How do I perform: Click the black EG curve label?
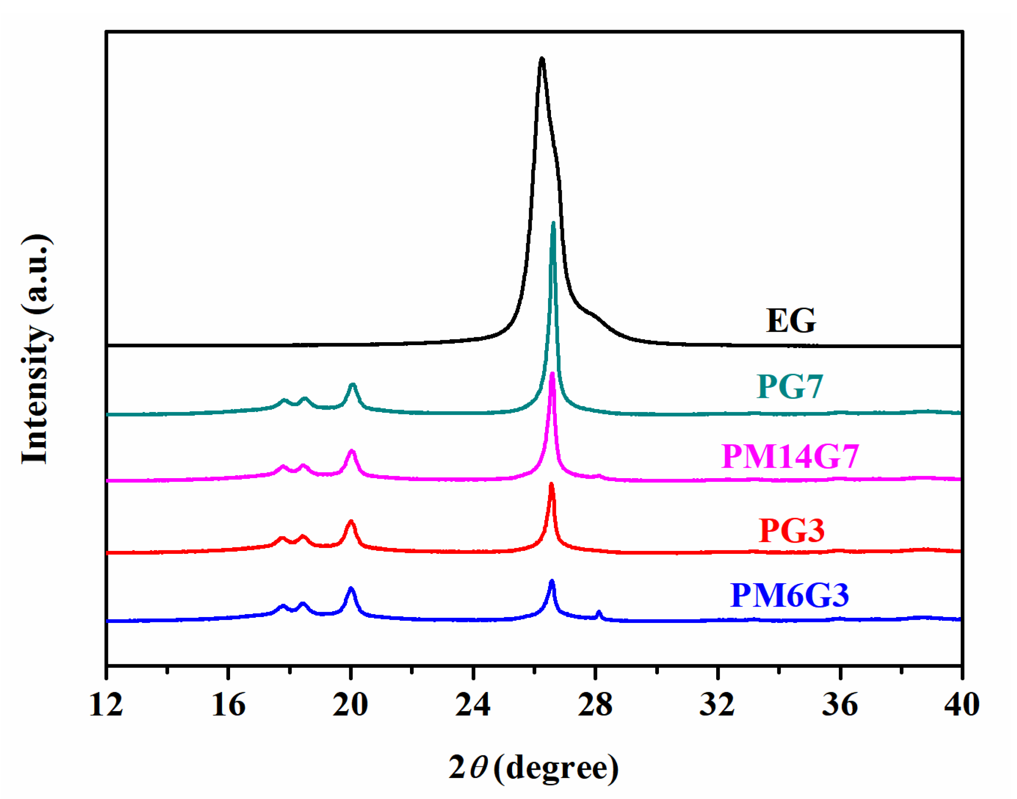pos(791,321)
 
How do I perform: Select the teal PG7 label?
pos(790,387)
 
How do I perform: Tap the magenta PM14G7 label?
pos(790,456)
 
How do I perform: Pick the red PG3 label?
pos(792,530)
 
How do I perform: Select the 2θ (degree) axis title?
pos(534,768)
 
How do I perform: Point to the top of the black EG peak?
pos(542,59)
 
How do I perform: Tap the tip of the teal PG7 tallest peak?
pos(553,224)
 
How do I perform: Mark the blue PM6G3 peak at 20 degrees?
pos(351,589)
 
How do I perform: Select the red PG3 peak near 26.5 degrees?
pos(551,485)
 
